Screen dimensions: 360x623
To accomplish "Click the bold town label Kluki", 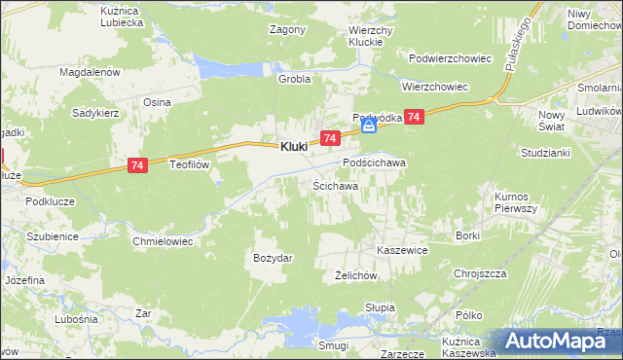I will pyautogui.click(x=294, y=146).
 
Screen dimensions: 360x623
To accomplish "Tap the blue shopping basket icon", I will pyautogui.click(x=369, y=126).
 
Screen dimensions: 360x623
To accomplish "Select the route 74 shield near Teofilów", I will pyautogui.click(x=137, y=167).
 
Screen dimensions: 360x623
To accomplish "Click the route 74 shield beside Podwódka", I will pyautogui.click(x=415, y=117).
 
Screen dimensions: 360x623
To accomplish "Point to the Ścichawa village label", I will pyautogui.click(x=335, y=185).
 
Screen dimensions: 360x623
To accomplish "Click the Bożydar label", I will pyautogui.click(x=273, y=257).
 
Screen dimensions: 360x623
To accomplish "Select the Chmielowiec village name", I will pyautogui.click(x=165, y=238).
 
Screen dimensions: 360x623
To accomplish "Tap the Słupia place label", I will pyautogui.click(x=380, y=307).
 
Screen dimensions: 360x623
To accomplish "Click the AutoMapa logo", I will pyautogui.click(x=556, y=341).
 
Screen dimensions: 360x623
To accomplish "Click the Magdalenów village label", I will pyautogui.click(x=89, y=72).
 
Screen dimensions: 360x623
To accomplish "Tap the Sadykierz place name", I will pyautogui.click(x=95, y=113).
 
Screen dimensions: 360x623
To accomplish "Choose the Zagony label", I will pyautogui.click(x=287, y=29).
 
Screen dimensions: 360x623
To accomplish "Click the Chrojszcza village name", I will pyautogui.click(x=480, y=273).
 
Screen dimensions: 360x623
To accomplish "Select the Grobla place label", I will pyautogui.click(x=294, y=80).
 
